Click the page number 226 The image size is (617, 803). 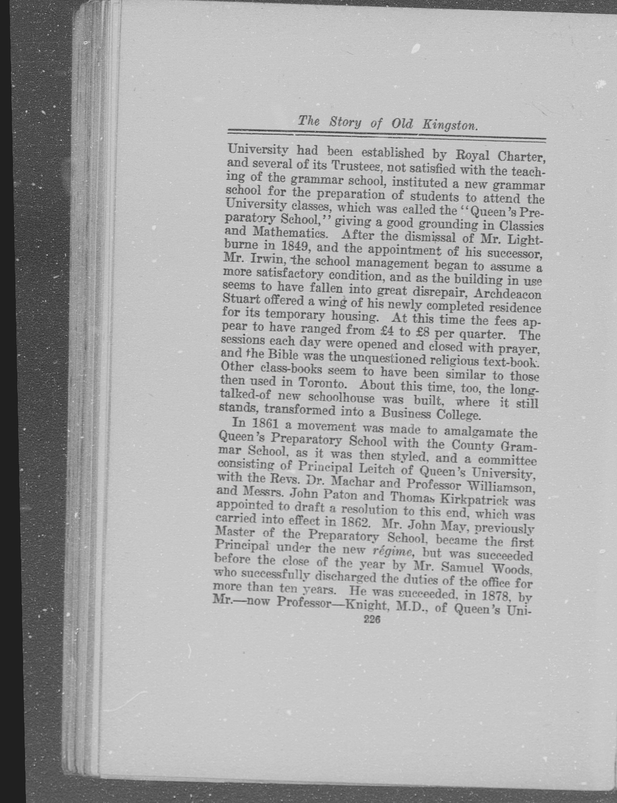372,619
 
